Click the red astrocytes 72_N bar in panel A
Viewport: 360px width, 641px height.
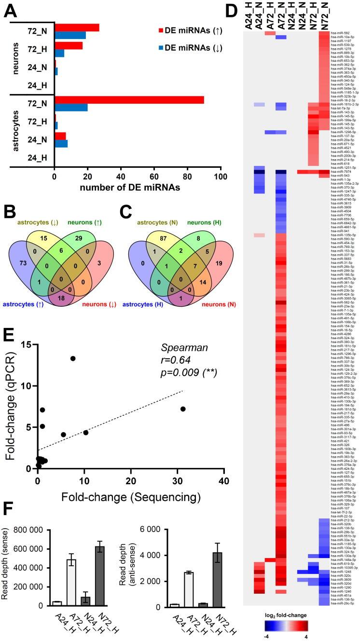pyautogui.click(x=129, y=99)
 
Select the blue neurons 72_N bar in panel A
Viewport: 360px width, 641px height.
pyautogui.click(x=70, y=35)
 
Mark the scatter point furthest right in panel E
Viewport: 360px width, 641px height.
pyautogui.click(x=183, y=409)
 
